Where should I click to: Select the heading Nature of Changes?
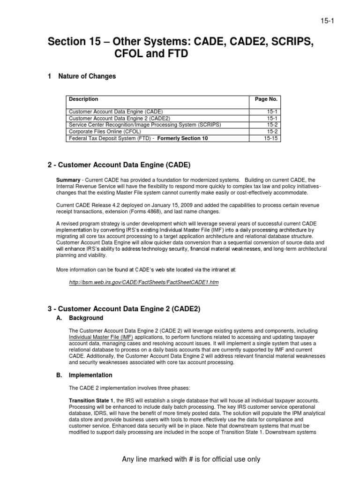(x=87, y=76)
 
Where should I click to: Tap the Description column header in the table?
(x=83, y=99)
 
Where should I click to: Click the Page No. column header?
(x=266, y=99)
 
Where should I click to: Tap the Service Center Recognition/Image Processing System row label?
(x=144, y=126)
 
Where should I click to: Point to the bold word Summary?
(x=68, y=180)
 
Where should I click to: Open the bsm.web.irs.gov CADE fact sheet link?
(x=144, y=283)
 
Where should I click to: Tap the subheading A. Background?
(x=86, y=318)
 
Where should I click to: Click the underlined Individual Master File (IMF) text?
(x=101, y=337)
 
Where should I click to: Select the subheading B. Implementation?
(x=90, y=375)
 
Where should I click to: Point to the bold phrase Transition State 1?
(x=91, y=400)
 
